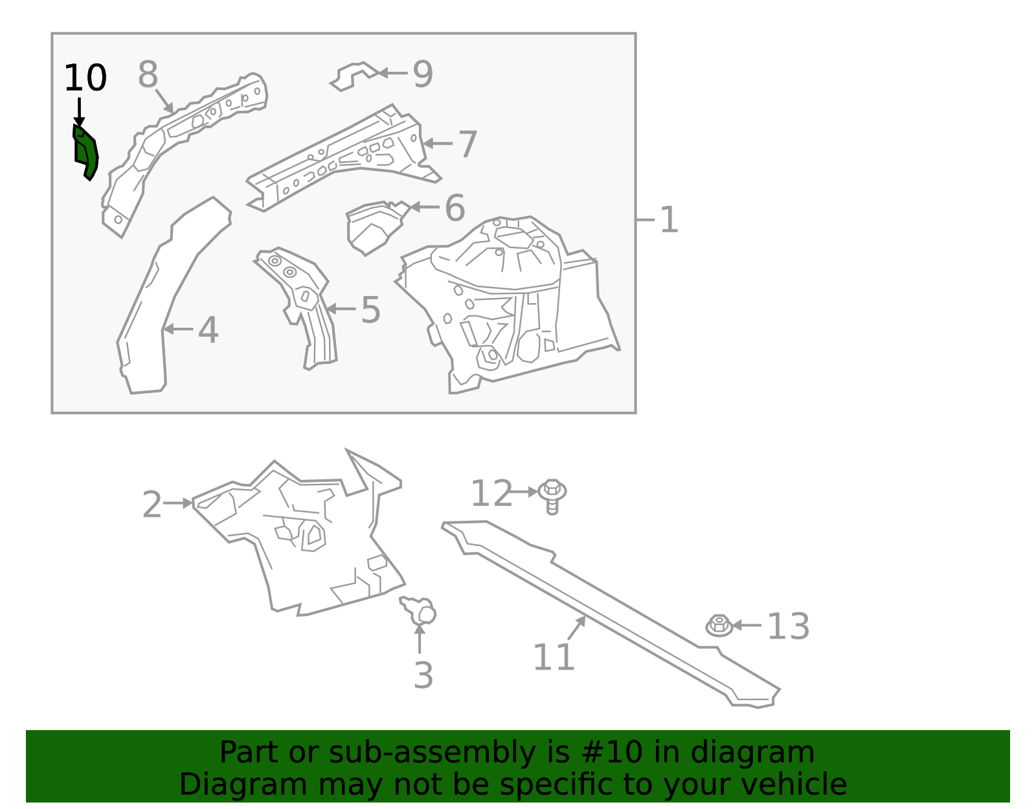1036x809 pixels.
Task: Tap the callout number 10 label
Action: [x=85, y=78]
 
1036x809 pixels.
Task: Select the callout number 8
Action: [x=148, y=74]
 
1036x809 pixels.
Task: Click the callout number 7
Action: [x=467, y=144]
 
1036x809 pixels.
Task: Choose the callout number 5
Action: [x=370, y=310]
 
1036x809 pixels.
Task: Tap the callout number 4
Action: [x=208, y=330]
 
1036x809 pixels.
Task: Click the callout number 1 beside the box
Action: [x=668, y=220]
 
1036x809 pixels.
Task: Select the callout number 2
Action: [x=152, y=505]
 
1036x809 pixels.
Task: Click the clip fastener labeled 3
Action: [x=421, y=610]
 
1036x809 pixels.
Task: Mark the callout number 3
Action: [x=423, y=676]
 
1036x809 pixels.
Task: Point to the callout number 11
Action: [x=554, y=658]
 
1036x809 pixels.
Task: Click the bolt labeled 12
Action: [x=552, y=495]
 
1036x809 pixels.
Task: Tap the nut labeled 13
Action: [x=719, y=626]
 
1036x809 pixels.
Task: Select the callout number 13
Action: [x=788, y=627]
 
